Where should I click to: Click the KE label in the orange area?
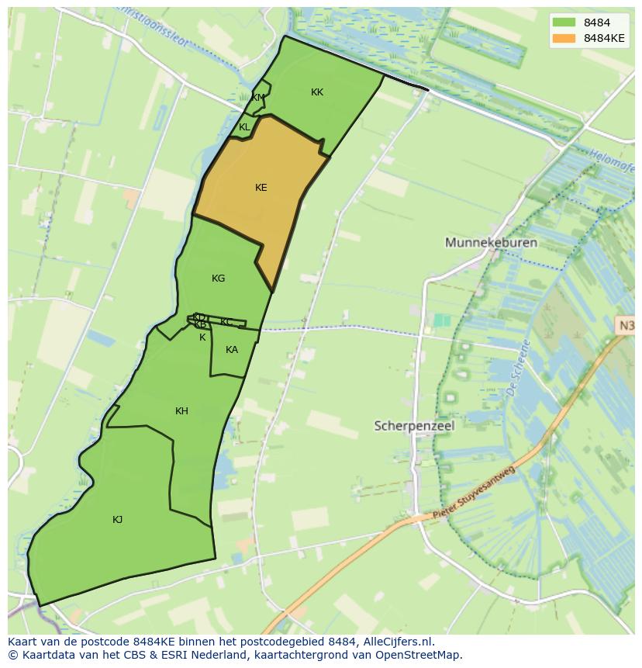click(x=261, y=188)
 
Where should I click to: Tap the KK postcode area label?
click(x=316, y=92)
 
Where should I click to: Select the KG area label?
click(x=218, y=279)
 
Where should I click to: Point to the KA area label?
click(x=231, y=350)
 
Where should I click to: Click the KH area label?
click(x=181, y=411)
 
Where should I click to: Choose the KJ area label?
click(x=117, y=520)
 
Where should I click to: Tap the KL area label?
click(x=244, y=127)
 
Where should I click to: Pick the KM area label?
click(x=257, y=98)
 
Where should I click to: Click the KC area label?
click(x=226, y=322)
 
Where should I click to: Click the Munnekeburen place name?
click(x=491, y=243)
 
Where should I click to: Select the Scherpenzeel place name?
click(x=414, y=426)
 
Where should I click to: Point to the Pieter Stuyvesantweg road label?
click(x=474, y=492)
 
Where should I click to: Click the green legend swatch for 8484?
click(x=564, y=22)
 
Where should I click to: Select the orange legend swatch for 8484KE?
click(x=564, y=38)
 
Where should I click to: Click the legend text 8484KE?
click(x=605, y=38)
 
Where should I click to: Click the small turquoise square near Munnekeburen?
click(x=441, y=320)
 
